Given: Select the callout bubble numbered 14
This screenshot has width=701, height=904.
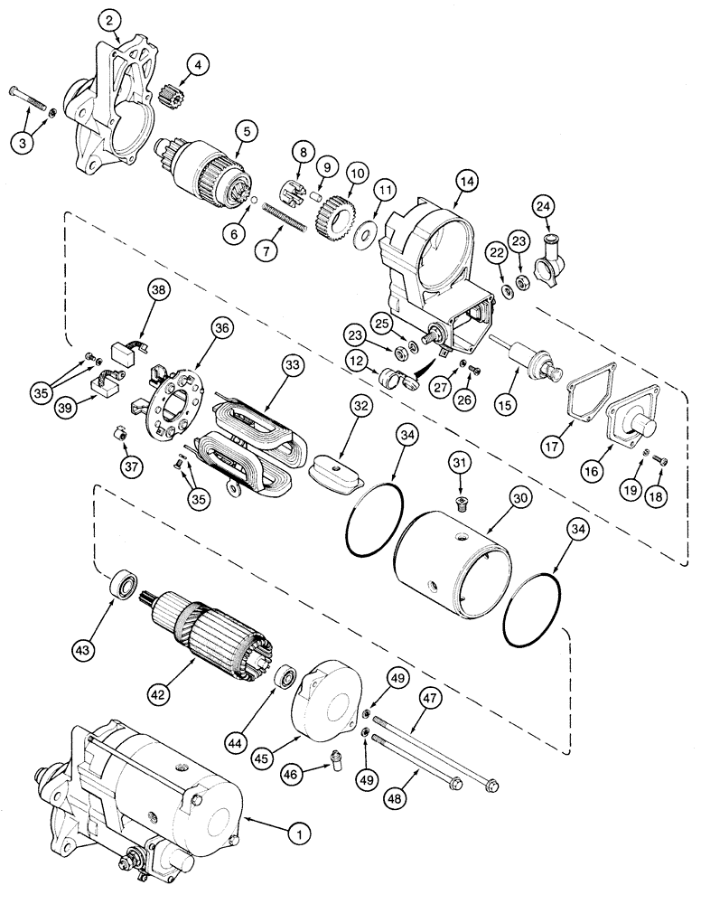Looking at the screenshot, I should coord(466,181).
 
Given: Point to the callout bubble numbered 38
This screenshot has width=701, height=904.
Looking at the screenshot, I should coord(159,289).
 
